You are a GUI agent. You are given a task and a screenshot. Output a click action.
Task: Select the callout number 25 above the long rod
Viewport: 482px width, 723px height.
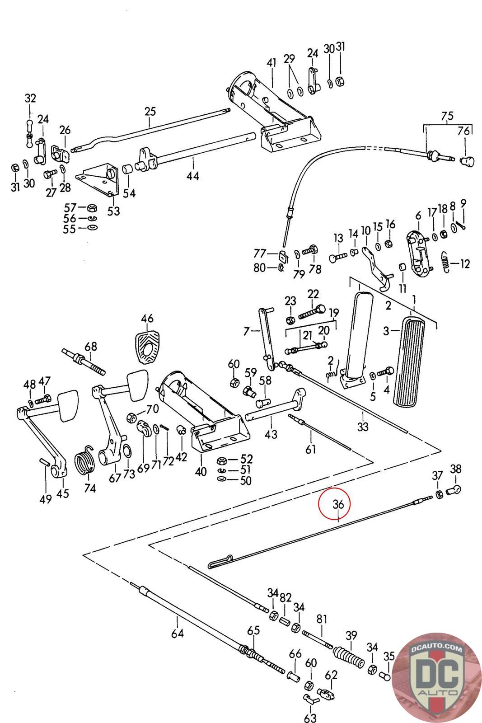click(150, 111)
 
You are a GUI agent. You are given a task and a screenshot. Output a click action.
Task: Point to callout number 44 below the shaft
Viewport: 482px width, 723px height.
click(193, 176)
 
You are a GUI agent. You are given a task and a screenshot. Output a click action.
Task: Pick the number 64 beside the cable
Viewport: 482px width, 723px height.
click(178, 634)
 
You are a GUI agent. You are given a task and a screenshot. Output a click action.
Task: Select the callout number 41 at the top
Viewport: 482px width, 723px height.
click(271, 63)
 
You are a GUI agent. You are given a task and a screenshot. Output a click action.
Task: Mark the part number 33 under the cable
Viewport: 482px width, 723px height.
click(363, 426)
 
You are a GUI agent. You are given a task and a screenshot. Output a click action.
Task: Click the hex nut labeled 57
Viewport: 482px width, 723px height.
click(91, 208)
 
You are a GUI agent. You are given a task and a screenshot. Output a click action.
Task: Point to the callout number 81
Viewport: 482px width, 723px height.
click(322, 619)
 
